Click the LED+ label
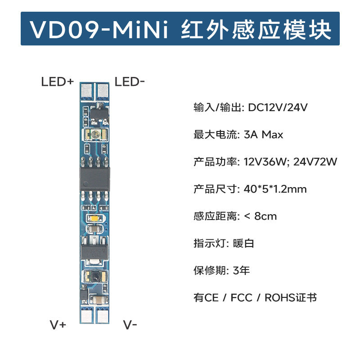pos(57,82)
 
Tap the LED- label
pos(130,82)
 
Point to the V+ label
pos(58,325)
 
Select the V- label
pos(130,325)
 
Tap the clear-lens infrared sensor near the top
pos(95,134)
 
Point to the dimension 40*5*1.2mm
pos(275,189)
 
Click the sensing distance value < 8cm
pos(261,216)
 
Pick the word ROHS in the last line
pos(279,298)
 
